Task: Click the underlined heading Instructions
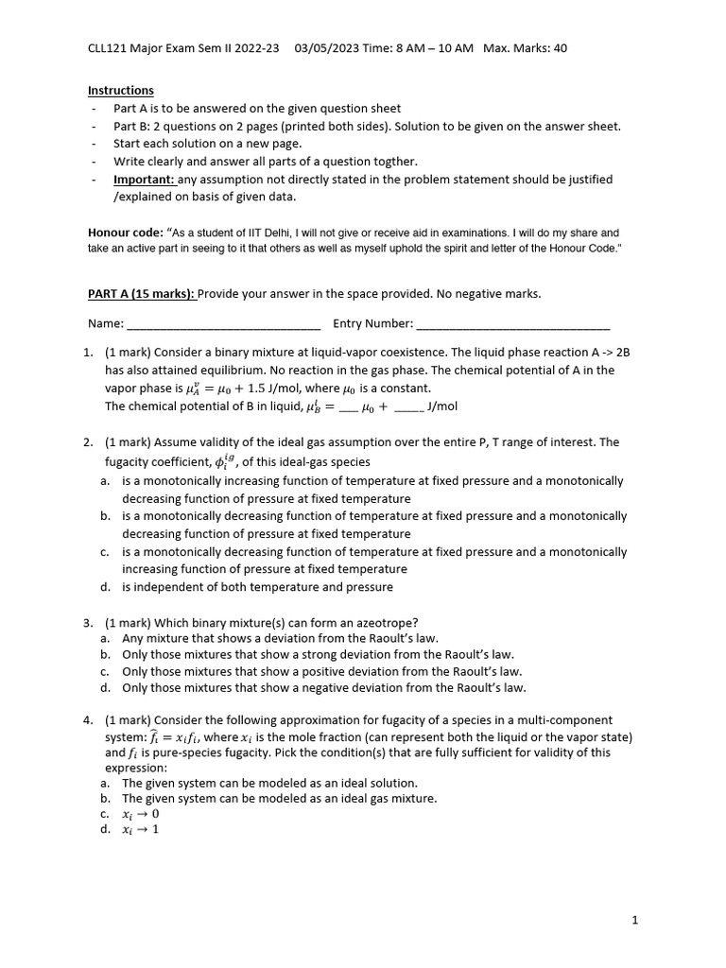pos(120,91)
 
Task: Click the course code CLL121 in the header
pos(108,48)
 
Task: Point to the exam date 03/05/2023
pos(326,48)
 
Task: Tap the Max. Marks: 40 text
pos(525,48)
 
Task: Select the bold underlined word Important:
pos(144,180)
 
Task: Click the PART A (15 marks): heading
pos(141,294)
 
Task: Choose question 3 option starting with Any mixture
pos(280,639)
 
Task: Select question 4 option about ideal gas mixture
pos(279,799)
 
